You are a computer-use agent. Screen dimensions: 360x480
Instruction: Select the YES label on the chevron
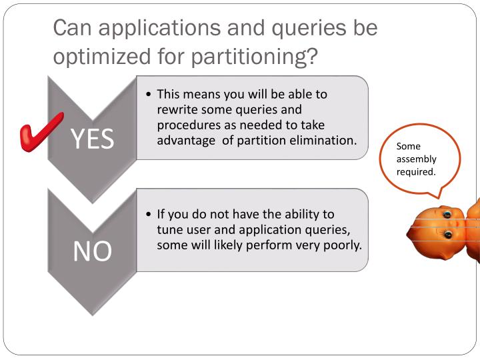(92, 139)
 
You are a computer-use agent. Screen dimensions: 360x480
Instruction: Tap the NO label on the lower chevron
(92, 251)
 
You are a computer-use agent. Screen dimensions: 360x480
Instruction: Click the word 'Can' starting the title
(71, 28)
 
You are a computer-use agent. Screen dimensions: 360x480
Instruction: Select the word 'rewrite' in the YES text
(177, 109)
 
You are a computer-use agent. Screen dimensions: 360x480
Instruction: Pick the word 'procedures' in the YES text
(186, 125)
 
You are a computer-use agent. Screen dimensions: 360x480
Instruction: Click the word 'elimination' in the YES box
(325, 140)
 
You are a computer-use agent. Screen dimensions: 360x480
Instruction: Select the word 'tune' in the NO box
(169, 229)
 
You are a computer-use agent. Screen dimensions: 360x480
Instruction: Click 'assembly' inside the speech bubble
(416, 159)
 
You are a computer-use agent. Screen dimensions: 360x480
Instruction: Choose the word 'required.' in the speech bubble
(416, 171)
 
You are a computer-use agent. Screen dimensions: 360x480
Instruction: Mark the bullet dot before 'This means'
(149, 94)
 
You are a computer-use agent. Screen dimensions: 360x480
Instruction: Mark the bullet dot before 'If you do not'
(149, 215)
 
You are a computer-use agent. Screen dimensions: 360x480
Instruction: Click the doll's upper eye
(447, 215)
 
